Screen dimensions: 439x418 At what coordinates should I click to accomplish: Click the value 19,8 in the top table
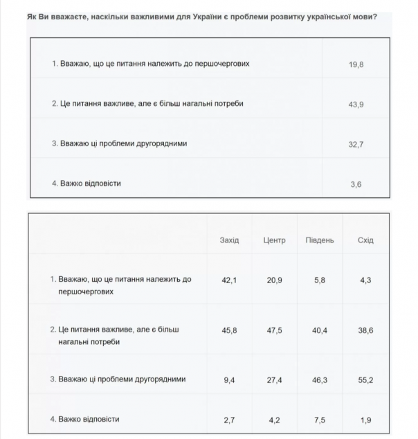point(356,64)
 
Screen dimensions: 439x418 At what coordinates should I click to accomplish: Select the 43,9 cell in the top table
point(356,104)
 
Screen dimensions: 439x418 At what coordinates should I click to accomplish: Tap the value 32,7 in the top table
point(356,144)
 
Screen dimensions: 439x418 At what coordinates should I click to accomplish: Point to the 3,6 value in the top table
point(356,184)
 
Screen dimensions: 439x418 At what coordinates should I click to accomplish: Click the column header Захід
point(229,240)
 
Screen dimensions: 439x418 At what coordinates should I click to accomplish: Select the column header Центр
point(274,240)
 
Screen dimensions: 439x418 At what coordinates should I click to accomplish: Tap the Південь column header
point(319,240)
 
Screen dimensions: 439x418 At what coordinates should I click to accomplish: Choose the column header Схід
point(365,240)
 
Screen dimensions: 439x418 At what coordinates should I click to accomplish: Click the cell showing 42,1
point(229,280)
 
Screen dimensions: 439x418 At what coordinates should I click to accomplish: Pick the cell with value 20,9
point(274,280)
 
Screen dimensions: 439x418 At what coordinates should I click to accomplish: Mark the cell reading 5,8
point(319,280)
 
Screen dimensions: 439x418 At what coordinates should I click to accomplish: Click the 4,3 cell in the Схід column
point(365,280)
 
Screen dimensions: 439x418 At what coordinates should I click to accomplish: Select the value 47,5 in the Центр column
point(274,330)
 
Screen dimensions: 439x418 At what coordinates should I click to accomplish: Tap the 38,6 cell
point(365,330)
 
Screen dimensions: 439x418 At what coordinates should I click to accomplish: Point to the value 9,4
point(229,379)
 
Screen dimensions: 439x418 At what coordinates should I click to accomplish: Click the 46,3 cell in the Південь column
point(319,379)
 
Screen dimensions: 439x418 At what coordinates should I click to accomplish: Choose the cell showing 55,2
point(365,379)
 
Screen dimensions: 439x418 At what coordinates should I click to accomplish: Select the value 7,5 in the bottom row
point(319,420)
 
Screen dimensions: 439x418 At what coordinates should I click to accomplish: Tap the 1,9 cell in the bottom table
point(365,420)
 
